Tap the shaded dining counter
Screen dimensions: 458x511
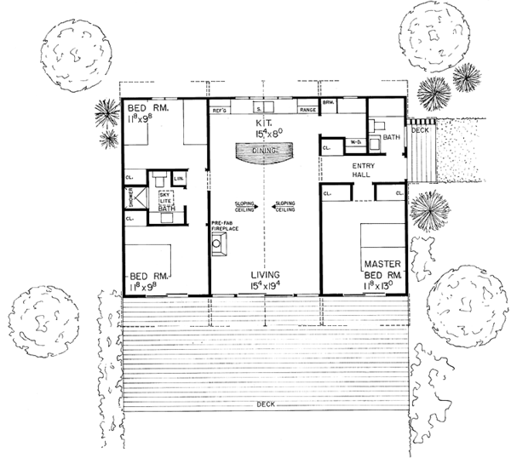(x=264, y=151)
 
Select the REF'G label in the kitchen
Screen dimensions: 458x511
(x=219, y=111)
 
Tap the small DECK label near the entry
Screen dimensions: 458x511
(x=421, y=130)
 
